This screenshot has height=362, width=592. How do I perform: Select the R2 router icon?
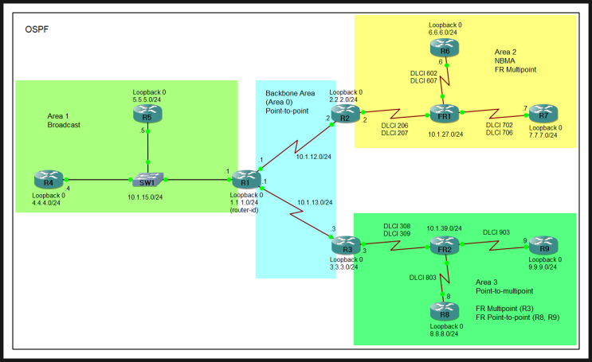point(345,116)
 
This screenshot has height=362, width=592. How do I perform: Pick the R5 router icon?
point(147,115)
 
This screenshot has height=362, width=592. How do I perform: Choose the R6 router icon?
point(445,50)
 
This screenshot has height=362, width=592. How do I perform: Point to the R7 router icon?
point(543,112)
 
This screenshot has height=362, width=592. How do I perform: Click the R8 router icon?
point(444,307)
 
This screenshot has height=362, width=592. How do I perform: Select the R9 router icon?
point(544,245)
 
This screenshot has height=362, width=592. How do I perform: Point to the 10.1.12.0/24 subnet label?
point(313,156)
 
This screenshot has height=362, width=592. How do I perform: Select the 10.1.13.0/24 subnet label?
point(313,202)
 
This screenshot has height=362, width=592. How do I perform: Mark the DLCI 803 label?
point(423,278)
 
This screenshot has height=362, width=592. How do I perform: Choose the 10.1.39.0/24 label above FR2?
point(444,228)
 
